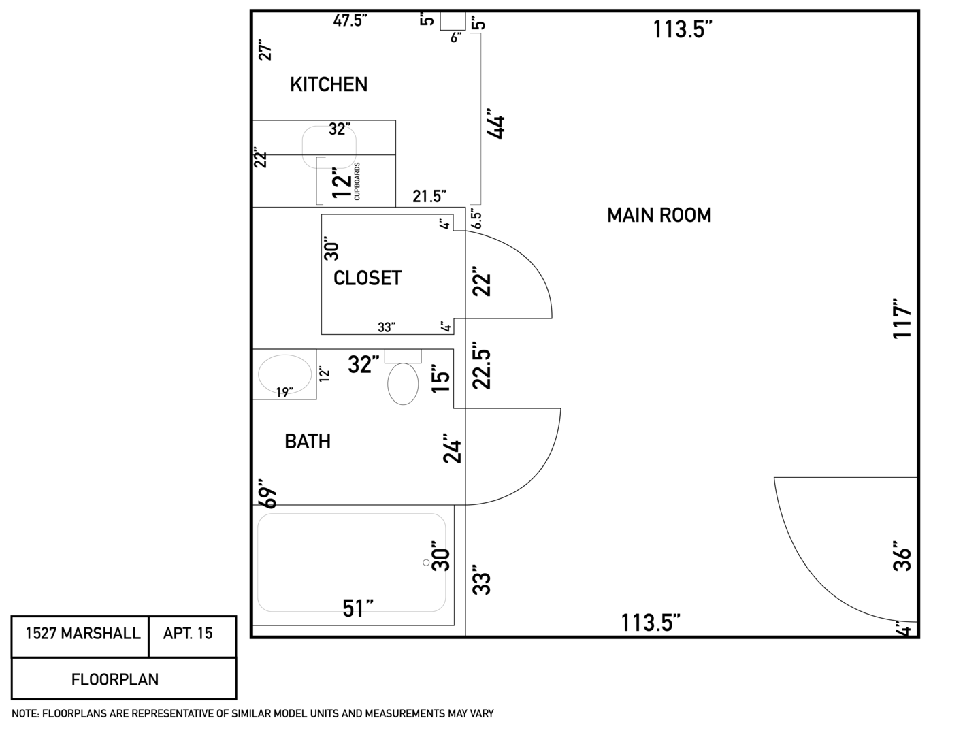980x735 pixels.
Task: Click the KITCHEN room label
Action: [329, 84]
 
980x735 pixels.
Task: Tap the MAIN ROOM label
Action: [659, 215]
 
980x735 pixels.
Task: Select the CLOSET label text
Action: [367, 278]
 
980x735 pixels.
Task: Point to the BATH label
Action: [308, 442]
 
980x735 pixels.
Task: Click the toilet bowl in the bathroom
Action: [403, 384]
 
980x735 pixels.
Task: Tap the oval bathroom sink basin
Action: [285, 374]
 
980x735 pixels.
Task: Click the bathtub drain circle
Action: [426, 563]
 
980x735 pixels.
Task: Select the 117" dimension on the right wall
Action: [902, 318]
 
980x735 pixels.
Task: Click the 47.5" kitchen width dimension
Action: [350, 20]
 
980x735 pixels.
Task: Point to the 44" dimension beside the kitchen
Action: [496, 123]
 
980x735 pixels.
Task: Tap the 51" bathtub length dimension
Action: [357, 608]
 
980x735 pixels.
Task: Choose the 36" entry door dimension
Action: [902, 556]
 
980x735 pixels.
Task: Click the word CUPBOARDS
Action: [357, 181]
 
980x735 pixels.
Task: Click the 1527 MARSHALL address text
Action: [83, 633]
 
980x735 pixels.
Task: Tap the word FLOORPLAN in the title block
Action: [115, 679]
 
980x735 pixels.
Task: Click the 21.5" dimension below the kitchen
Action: [429, 197]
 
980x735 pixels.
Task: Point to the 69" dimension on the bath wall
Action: [269, 493]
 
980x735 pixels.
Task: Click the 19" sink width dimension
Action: [284, 392]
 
